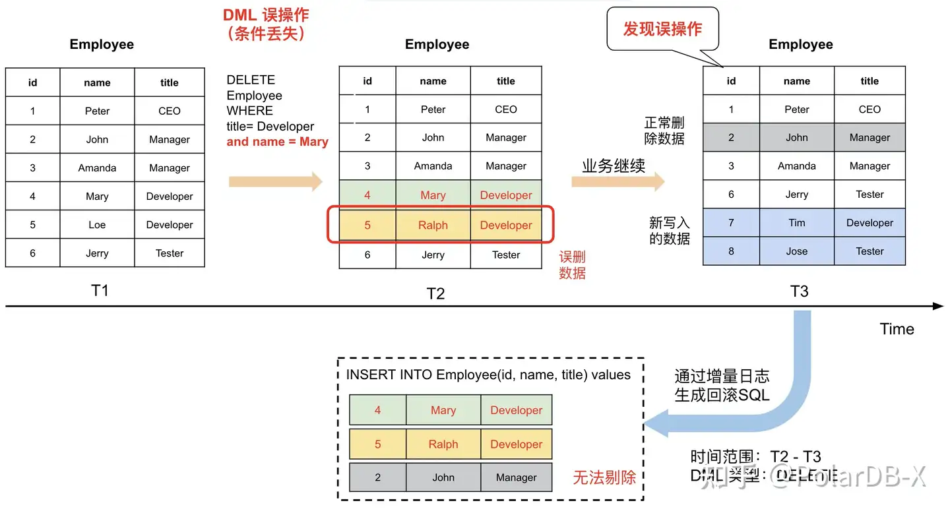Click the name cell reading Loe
[97, 225]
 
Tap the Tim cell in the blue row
[796, 223]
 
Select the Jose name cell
[796, 251]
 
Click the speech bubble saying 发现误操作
[662, 30]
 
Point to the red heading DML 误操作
[266, 15]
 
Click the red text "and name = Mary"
[277, 142]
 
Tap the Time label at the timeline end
[897, 329]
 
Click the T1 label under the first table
[100, 291]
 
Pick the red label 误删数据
[572, 265]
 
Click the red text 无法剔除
[604, 477]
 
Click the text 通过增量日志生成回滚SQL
[722, 386]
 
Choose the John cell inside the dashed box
[443, 477]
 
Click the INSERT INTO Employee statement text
[488, 375]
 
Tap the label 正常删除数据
[664, 131]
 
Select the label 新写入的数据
[669, 231]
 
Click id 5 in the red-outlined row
[367, 226]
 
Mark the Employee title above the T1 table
[102, 44]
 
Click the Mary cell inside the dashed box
[443, 410]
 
